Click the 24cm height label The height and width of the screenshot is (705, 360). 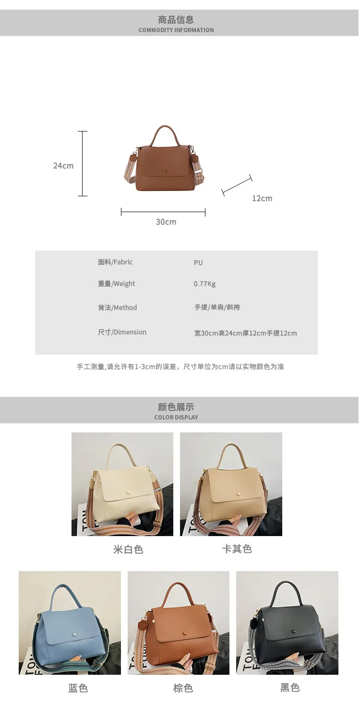(63, 166)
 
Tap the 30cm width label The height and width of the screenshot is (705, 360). (166, 222)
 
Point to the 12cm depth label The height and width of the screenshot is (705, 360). (262, 198)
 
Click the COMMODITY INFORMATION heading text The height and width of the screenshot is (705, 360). (176, 30)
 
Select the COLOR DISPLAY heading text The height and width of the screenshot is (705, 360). (176, 418)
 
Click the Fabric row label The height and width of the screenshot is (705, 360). (115, 262)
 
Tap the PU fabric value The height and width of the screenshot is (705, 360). (198, 263)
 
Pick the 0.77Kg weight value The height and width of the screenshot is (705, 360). (204, 284)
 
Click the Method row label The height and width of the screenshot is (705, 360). (118, 308)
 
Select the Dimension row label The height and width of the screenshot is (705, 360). (122, 332)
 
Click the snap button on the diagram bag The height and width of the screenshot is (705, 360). (164, 170)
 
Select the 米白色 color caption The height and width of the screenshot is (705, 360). (128, 550)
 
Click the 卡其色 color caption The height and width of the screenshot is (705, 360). (237, 549)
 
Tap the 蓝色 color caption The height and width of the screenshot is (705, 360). (78, 688)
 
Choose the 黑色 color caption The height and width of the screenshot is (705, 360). (290, 687)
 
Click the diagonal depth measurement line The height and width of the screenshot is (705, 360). (237, 185)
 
